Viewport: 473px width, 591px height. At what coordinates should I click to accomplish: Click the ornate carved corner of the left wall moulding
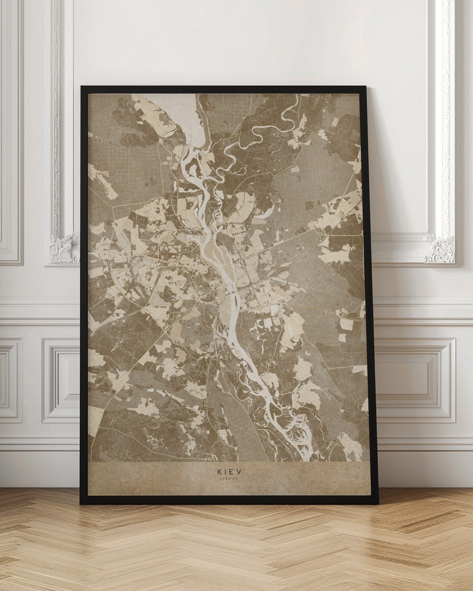(64, 248)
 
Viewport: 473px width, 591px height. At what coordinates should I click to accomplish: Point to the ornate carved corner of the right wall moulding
(440, 248)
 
